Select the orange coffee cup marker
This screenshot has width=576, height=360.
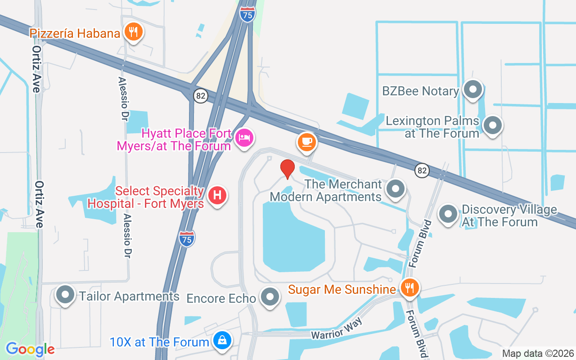pyautogui.click(x=307, y=142)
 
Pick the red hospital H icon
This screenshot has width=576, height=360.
pyautogui.click(x=218, y=195)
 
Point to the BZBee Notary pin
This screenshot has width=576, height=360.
pyautogui.click(x=472, y=89)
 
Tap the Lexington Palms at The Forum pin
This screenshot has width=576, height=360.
pyautogui.click(x=493, y=125)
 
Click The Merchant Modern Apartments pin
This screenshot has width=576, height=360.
pyautogui.click(x=396, y=189)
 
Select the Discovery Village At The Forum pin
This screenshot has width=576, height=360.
pyautogui.click(x=448, y=214)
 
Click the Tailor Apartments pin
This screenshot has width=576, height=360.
pyautogui.click(x=66, y=295)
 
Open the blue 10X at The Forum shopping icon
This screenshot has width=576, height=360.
pyautogui.click(x=222, y=340)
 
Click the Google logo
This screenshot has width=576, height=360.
pyautogui.click(x=30, y=349)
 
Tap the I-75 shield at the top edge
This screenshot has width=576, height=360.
pyautogui.click(x=247, y=13)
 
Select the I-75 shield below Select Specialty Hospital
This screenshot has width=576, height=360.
pyautogui.click(x=187, y=238)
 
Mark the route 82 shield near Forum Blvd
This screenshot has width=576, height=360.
pyautogui.click(x=422, y=170)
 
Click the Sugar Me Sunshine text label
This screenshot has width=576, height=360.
pyautogui.click(x=342, y=289)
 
